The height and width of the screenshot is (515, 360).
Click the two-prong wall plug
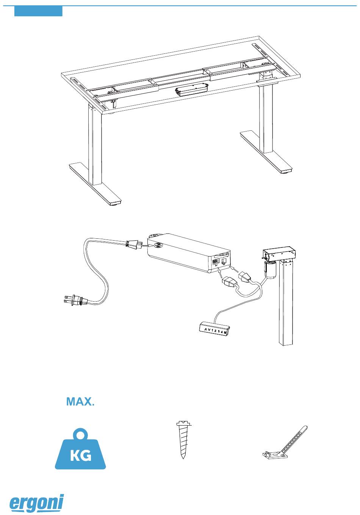76,300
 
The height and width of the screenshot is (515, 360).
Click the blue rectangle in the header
38,11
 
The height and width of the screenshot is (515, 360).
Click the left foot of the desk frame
95,184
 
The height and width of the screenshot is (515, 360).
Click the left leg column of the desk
95,145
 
